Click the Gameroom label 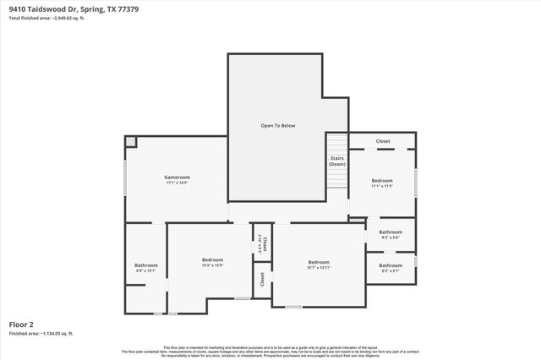176,177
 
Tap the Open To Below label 277,125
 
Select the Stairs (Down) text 337,161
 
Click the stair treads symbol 337,145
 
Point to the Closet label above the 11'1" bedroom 383,141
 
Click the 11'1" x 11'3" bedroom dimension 382,186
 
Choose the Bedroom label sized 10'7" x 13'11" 318,262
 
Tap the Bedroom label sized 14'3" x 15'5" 212,259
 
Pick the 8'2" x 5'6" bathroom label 391,232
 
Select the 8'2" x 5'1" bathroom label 391,265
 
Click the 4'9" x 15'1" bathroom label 146,266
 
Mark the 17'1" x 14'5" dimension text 176,183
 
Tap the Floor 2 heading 21,324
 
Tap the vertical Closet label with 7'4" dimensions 264,244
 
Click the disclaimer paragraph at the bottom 270,351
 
